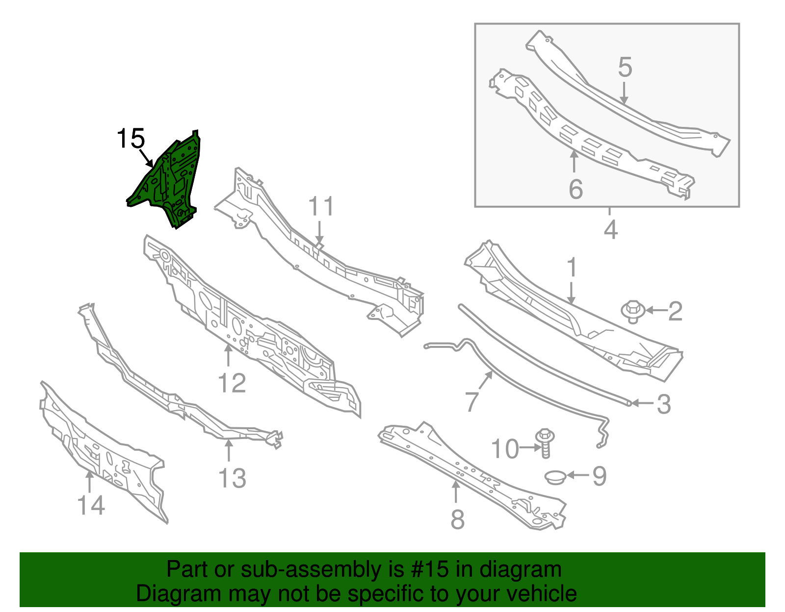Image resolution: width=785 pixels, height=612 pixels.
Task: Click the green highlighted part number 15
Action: [169, 181]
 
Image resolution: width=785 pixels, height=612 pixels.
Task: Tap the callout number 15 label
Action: [131, 139]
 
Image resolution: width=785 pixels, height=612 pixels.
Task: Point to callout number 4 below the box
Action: [610, 230]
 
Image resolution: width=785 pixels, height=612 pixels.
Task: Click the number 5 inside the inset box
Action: [625, 67]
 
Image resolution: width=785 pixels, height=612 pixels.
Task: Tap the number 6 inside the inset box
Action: [576, 189]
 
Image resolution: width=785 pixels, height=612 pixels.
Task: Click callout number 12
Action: [232, 383]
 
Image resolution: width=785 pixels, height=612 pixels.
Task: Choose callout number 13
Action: [232, 478]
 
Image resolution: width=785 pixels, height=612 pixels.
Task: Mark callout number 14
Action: [91, 505]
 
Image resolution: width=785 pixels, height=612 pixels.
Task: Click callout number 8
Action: [457, 519]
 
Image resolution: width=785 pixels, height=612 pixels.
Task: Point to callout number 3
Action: [663, 404]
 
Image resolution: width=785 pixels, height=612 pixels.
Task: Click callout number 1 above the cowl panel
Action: [572, 268]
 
